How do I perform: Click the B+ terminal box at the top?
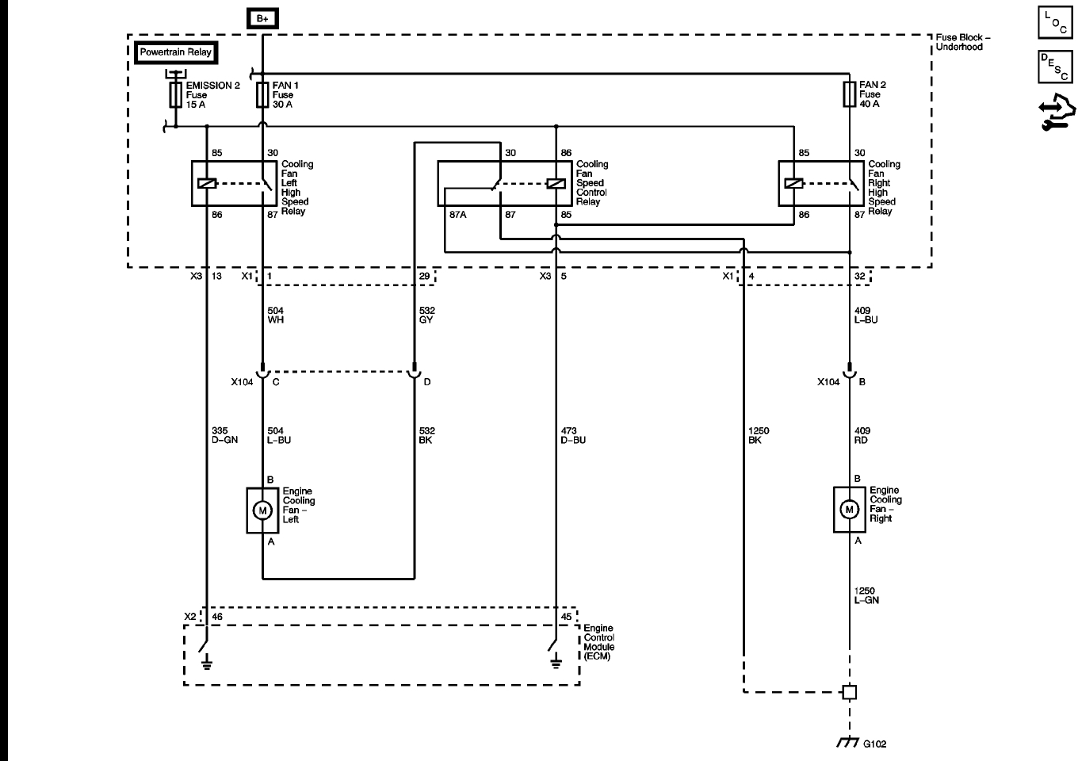coord(262,18)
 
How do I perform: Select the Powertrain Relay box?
coord(176,52)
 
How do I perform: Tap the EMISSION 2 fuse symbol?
coord(176,95)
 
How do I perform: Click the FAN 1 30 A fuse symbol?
coord(262,95)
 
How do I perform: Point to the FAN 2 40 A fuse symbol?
coord(849,94)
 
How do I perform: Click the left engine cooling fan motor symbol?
coord(262,511)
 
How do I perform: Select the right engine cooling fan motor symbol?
coord(849,510)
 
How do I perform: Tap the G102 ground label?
coord(874,744)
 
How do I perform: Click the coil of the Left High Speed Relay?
coord(207,184)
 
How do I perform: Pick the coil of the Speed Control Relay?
coord(556,184)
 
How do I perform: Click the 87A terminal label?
coord(457,215)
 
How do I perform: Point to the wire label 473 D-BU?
coord(572,435)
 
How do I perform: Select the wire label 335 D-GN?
coord(224,435)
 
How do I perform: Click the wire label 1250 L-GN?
coord(866,595)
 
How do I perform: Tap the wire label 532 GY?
coord(427,315)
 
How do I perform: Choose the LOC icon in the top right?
coord(1053,22)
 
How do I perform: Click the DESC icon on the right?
coord(1053,67)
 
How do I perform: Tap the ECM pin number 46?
coord(217,616)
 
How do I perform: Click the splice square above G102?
coord(849,692)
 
